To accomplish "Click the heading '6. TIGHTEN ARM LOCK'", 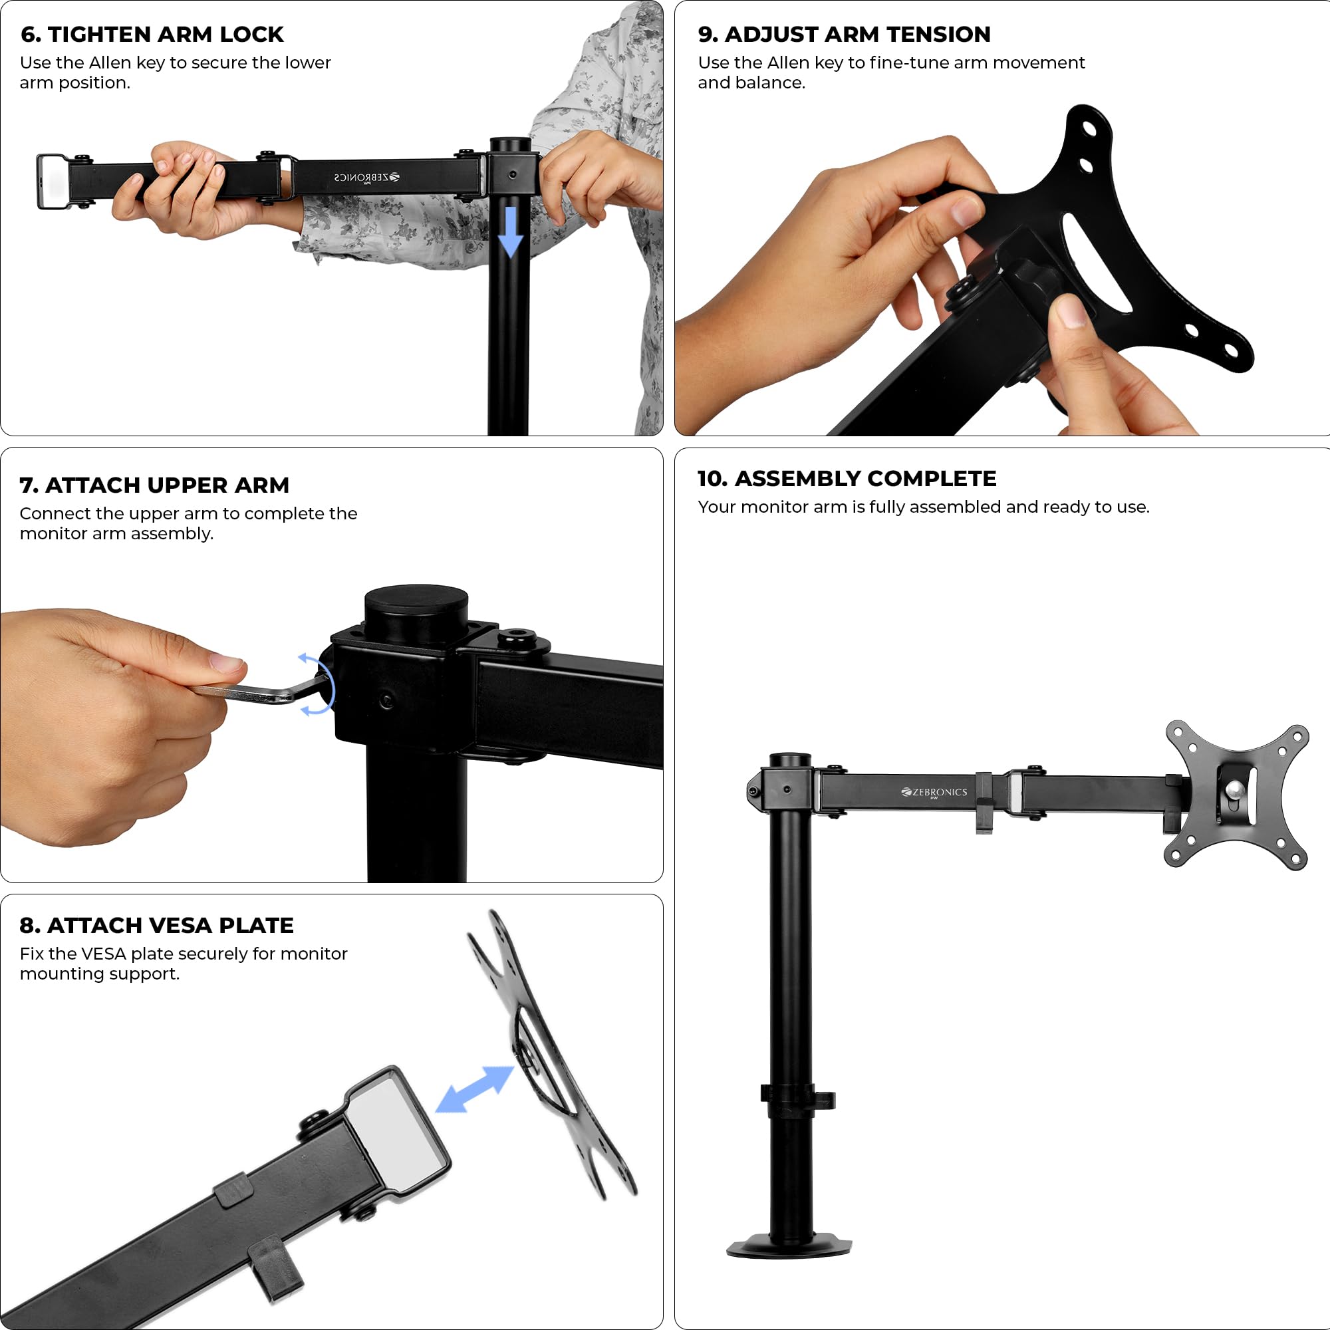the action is (152, 35).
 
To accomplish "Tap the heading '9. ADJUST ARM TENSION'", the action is (844, 35).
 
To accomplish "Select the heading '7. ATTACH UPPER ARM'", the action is (154, 485).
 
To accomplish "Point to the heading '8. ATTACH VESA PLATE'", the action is (157, 925).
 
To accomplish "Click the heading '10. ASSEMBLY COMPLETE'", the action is (847, 478).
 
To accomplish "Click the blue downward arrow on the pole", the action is (510, 231).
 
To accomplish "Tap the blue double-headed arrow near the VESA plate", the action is (475, 1089).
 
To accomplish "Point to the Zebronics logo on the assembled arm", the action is (934, 793).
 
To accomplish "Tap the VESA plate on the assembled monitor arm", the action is (1236, 795).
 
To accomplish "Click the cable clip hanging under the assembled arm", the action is (984, 803).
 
